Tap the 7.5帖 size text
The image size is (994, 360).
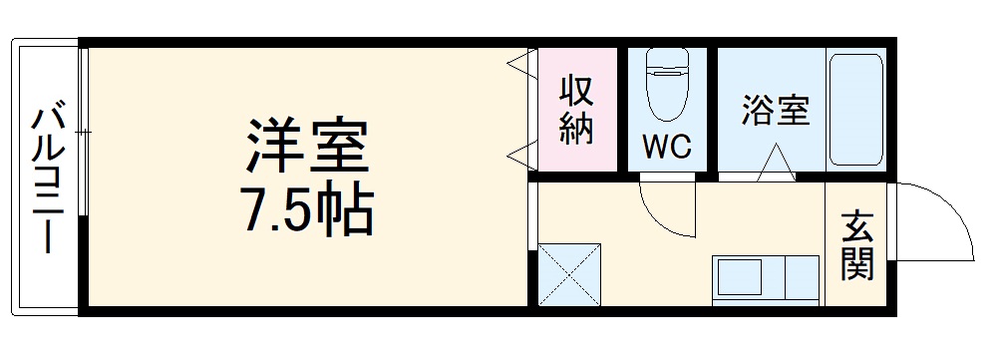(307, 209)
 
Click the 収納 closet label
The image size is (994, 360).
(576, 110)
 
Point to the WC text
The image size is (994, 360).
(666, 148)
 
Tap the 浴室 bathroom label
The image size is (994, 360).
(775, 110)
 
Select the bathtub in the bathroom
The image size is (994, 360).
(856, 110)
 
